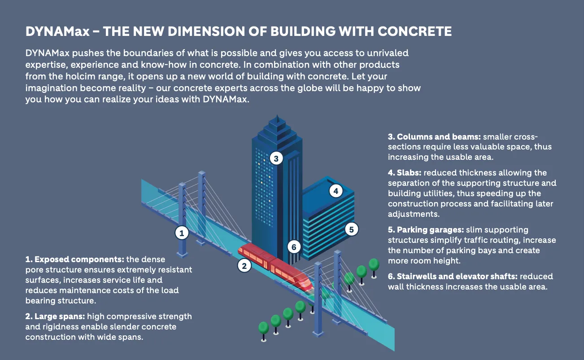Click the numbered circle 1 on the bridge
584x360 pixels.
click(x=182, y=233)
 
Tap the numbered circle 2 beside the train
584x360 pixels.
click(x=244, y=266)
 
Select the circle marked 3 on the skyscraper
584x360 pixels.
click(x=276, y=158)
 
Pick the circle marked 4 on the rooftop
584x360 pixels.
click(x=336, y=191)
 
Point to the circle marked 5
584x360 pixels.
click(x=352, y=229)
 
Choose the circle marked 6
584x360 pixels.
click(x=294, y=247)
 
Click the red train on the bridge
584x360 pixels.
click(x=275, y=267)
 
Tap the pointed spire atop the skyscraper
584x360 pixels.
click(x=277, y=119)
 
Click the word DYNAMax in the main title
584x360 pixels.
click(x=57, y=31)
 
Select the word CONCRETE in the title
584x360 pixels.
click(x=414, y=31)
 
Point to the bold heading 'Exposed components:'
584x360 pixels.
click(x=75, y=259)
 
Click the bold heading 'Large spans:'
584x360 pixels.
click(x=55, y=316)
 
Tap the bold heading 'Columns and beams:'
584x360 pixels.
click(x=434, y=137)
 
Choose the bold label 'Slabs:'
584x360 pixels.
click(x=405, y=173)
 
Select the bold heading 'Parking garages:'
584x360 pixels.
click(x=426, y=230)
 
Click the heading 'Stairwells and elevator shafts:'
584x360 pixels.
click(x=453, y=277)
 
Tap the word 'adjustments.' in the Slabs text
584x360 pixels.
click(x=414, y=214)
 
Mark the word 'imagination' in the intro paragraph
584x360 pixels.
click(x=51, y=88)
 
